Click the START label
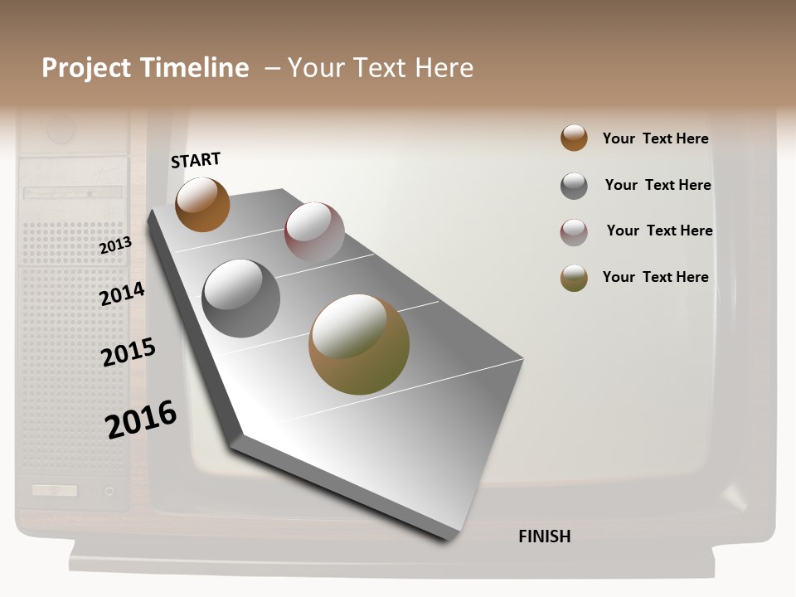point(196,160)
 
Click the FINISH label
point(544,536)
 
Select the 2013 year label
point(115,245)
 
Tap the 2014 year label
point(122,294)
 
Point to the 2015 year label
point(129,352)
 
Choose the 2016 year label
point(141,419)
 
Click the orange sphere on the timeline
point(202,204)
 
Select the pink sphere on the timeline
point(314,231)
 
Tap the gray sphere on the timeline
point(241,298)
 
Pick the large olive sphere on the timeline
point(359,344)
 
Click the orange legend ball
point(574,138)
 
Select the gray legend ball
point(574,186)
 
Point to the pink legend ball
point(574,232)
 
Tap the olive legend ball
point(574,278)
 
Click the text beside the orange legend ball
point(655,138)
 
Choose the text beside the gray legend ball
point(658,185)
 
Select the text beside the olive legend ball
point(655,277)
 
